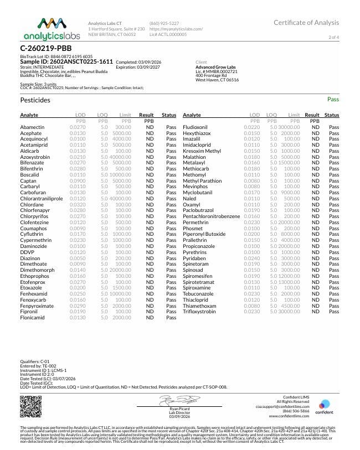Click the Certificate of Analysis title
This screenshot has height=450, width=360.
(306, 23)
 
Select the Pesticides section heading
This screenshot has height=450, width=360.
(35, 100)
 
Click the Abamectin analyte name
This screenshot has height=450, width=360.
(32, 127)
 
